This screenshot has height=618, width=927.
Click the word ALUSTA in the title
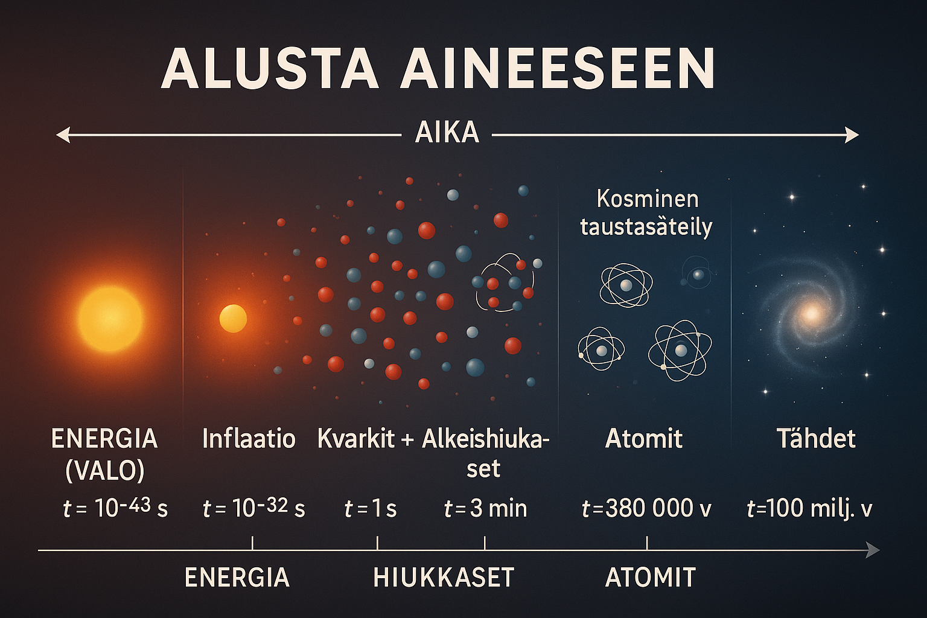click(270, 68)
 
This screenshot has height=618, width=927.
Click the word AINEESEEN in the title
click(557, 68)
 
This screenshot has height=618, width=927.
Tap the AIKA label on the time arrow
click(447, 133)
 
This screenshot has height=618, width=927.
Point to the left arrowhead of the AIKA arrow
click(63, 135)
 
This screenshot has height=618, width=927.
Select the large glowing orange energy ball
click(110, 319)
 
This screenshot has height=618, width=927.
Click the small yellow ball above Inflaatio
click(233, 319)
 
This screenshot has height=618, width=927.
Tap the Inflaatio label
click(249, 439)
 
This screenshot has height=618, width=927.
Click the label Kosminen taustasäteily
click(646, 213)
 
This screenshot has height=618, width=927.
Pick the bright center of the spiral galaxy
click(811, 313)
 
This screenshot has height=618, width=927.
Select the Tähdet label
click(816, 438)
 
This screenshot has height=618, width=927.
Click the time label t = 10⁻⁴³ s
click(115, 508)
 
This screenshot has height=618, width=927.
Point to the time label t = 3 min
click(485, 508)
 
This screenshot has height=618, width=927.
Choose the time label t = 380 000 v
click(646, 508)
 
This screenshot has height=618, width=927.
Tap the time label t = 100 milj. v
click(809, 508)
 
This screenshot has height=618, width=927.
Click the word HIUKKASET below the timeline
click(444, 578)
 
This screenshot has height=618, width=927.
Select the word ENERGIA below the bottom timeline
click(237, 578)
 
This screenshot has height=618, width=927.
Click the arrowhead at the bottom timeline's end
click(873, 550)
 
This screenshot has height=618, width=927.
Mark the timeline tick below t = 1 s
click(377, 543)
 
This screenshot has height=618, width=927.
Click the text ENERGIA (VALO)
click(104, 454)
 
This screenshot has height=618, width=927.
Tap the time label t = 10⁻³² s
click(253, 508)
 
